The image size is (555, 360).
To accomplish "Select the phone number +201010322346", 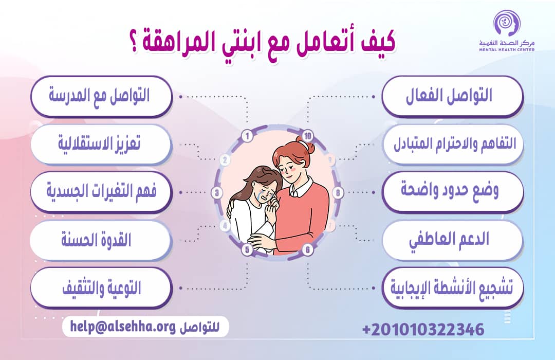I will click(423, 329).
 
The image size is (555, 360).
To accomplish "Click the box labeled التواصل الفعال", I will click(452, 96).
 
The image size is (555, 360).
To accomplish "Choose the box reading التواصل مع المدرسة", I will click(100, 96).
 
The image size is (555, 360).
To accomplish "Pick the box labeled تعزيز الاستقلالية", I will click(100, 143).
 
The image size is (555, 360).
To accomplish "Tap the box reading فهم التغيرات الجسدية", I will click(100, 192).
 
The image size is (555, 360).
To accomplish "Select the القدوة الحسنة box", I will click(100, 240).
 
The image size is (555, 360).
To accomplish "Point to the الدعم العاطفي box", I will click(452, 240).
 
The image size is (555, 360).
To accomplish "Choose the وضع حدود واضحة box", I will click(452, 192).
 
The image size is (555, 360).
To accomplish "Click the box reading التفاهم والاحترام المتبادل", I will click(452, 144).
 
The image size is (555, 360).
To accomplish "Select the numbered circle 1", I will click(248, 137).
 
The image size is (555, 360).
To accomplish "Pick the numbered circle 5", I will click(247, 250).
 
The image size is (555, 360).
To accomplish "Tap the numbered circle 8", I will click(338, 193).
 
